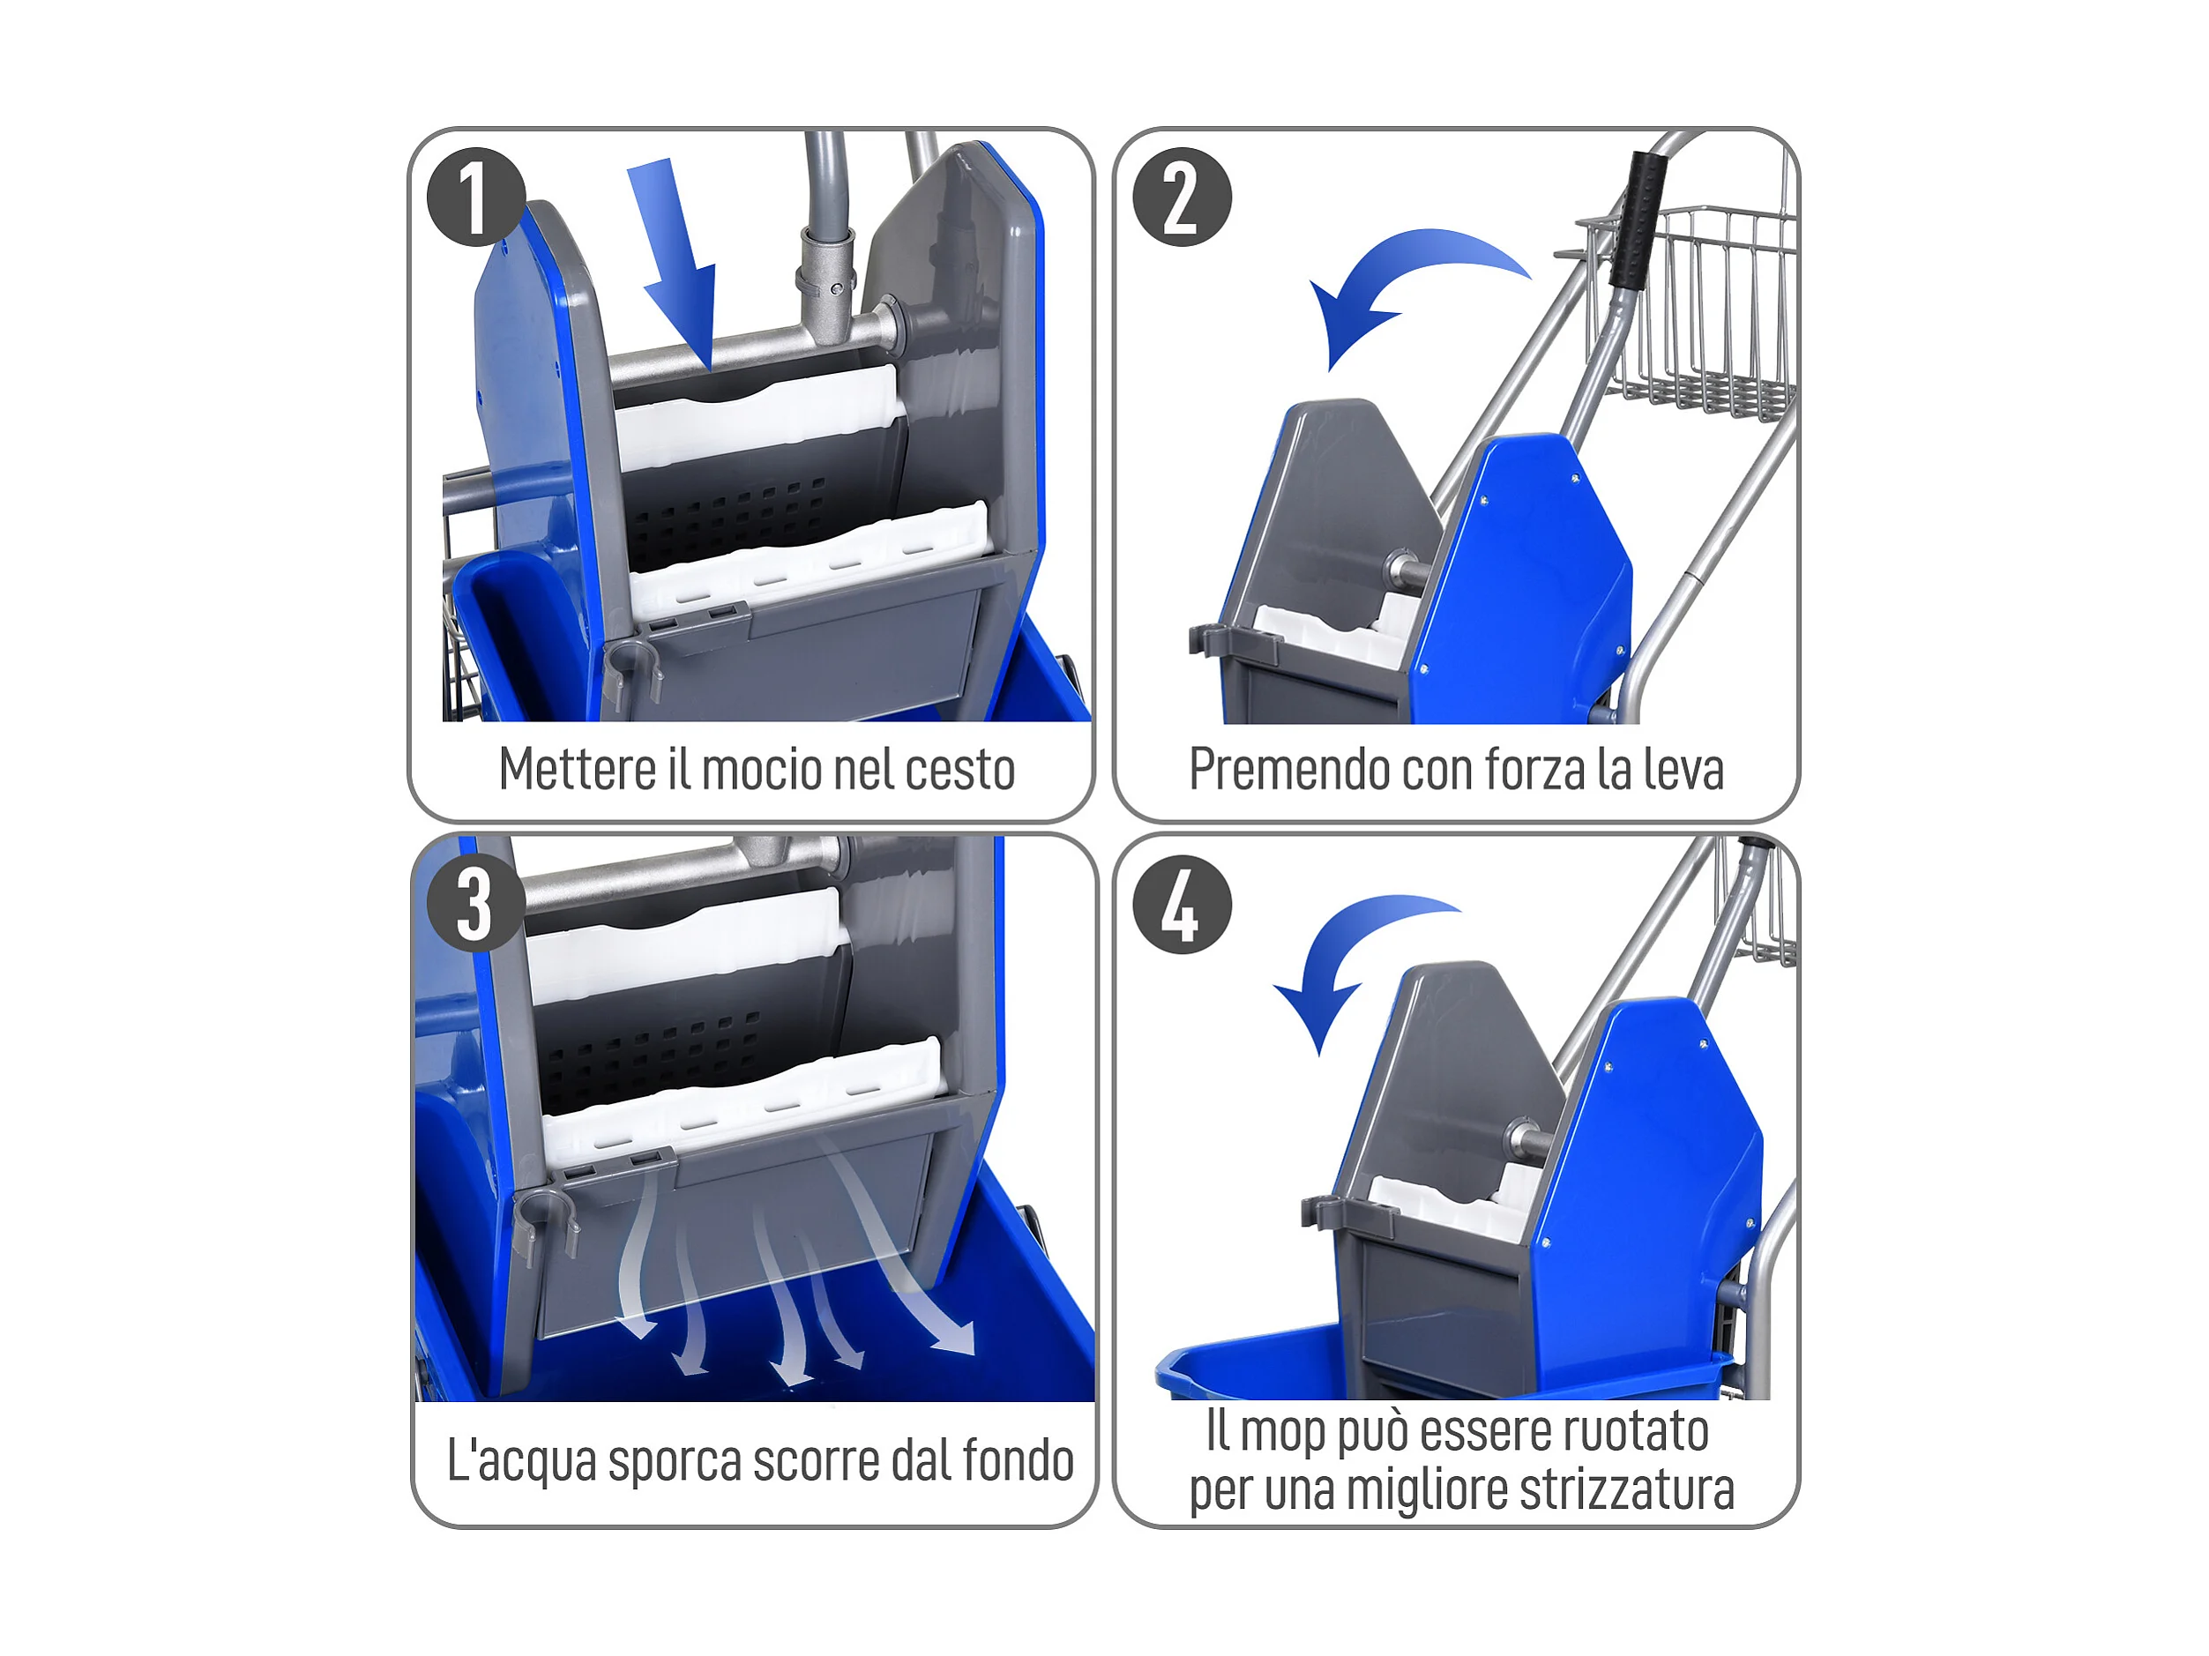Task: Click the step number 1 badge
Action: point(476,197)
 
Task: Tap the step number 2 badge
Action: point(1183,197)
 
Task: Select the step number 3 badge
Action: point(476,904)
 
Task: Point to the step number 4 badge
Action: point(1183,904)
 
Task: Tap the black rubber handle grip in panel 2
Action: point(1638,220)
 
